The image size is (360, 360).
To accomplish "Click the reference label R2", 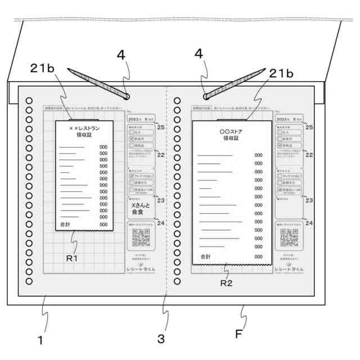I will [x=226, y=282].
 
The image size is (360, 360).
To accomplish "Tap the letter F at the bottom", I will [x=239, y=334].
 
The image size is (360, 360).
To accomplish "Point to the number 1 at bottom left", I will [x=40, y=339].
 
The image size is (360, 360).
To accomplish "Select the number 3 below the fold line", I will [x=161, y=339].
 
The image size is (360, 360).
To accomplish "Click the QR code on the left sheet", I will [x=142, y=238].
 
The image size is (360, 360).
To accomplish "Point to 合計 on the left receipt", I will [x=66, y=224].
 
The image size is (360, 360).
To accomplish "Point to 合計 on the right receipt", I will [x=205, y=256].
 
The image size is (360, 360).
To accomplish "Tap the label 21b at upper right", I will [x=281, y=73].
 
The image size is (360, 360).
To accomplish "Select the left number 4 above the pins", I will [x=121, y=56].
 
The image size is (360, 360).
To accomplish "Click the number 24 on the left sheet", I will [x=160, y=223].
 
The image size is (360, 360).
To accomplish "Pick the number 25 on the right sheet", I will [x=309, y=128].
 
